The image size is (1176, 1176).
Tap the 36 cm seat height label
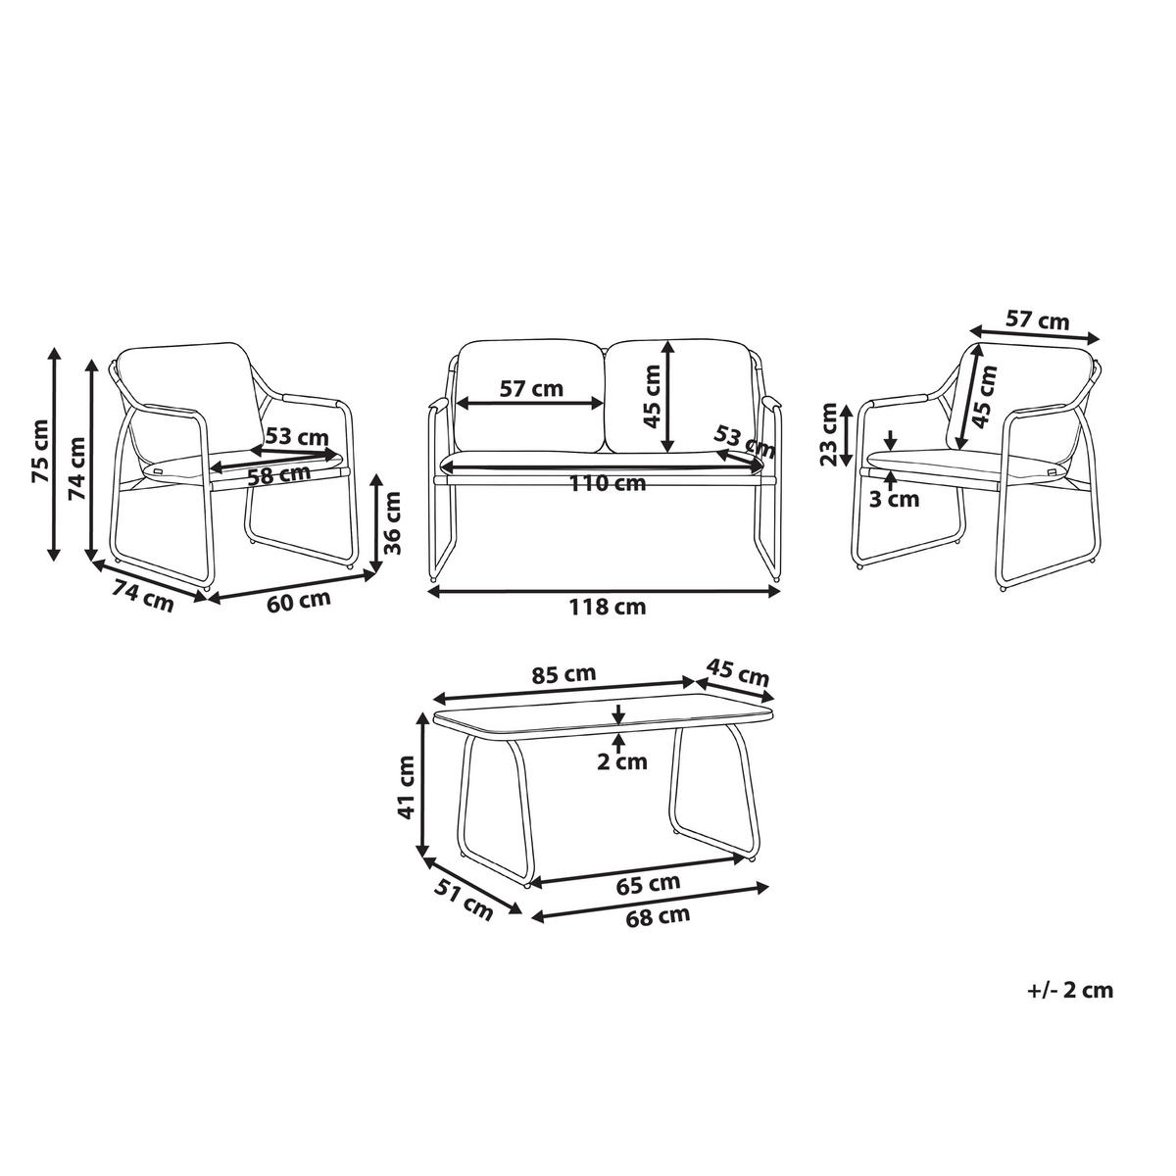(x=393, y=522)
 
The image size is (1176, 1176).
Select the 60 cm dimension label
(x=299, y=601)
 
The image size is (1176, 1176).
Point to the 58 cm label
(x=279, y=474)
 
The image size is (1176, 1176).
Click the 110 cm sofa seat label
(x=608, y=483)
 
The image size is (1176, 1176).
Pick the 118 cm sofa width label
(x=607, y=607)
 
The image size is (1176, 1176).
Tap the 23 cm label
(x=829, y=434)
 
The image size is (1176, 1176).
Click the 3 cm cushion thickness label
(x=894, y=499)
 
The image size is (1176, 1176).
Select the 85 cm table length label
(x=563, y=674)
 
